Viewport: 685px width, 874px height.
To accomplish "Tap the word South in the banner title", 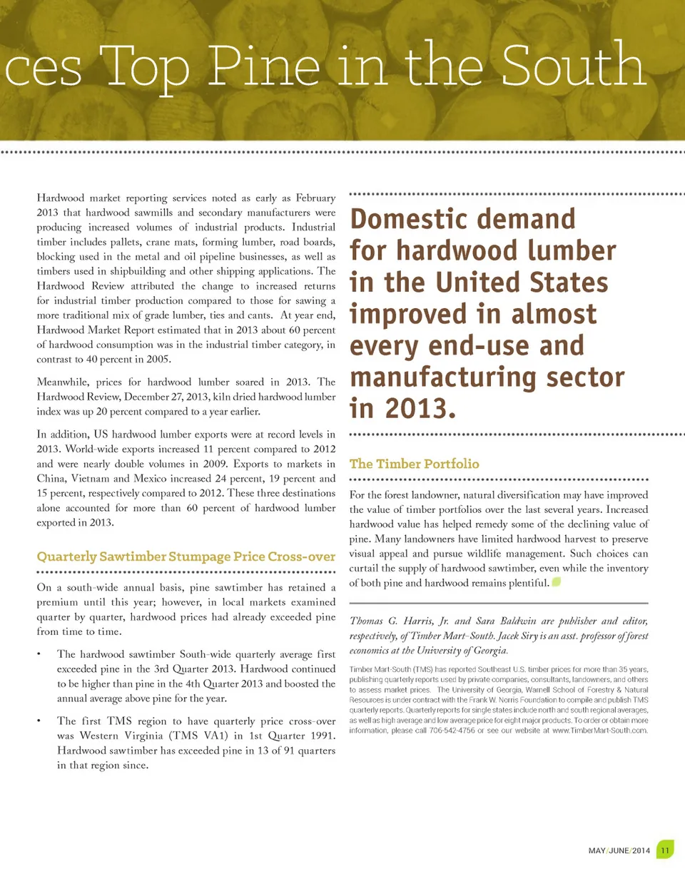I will coord(570,66).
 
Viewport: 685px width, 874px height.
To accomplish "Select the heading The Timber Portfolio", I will coord(414,464).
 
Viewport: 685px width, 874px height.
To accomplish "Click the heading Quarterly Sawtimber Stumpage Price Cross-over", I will coord(186,556).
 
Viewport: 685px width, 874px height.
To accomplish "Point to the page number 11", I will coord(664,850).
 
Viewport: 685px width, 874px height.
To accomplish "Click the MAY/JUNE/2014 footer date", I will coord(618,850).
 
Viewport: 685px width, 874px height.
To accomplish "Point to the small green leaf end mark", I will coord(556,583).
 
